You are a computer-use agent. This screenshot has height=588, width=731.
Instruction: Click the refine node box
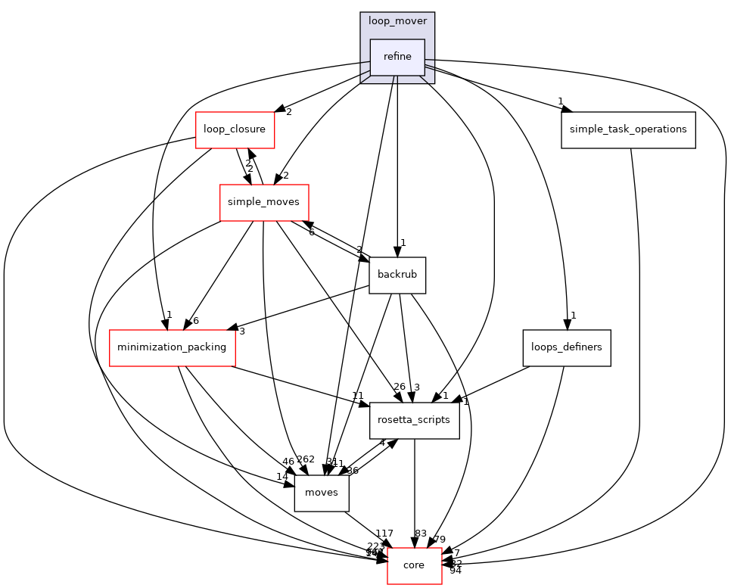point(397,57)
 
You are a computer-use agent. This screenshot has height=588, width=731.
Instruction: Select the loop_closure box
point(235,129)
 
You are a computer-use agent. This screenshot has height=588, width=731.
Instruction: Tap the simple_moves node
point(263,202)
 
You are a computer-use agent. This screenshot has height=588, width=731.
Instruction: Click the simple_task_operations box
point(628,129)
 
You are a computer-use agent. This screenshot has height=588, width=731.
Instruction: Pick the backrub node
point(397,275)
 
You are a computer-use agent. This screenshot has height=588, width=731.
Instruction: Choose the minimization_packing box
point(172,347)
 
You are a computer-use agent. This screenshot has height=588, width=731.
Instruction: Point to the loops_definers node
point(566,347)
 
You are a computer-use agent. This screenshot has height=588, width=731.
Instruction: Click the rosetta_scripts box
point(414,420)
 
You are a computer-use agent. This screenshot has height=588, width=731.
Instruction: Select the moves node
point(322,493)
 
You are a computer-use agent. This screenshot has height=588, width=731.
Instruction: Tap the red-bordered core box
point(414,565)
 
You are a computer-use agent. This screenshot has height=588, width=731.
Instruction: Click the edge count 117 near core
point(384,534)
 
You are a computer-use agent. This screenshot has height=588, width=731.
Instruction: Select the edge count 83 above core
point(421,534)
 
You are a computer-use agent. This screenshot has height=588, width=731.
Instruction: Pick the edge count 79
point(440,539)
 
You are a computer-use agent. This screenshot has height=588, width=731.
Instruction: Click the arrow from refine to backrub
point(397,166)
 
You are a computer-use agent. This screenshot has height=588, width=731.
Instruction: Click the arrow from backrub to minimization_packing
point(303,311)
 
